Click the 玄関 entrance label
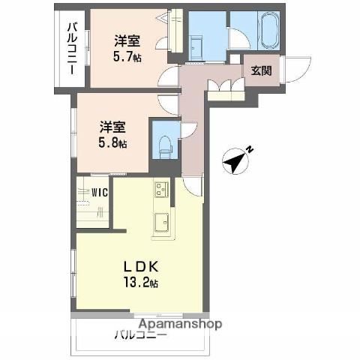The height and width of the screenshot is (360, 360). click(x=260, y=71)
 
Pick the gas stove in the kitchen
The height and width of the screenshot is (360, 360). click(x=163, y=190)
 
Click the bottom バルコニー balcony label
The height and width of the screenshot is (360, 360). click(x=140, y=335)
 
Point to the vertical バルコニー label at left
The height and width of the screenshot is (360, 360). click(x=71, y=48)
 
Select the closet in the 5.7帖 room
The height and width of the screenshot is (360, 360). click(x=176, y=30)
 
